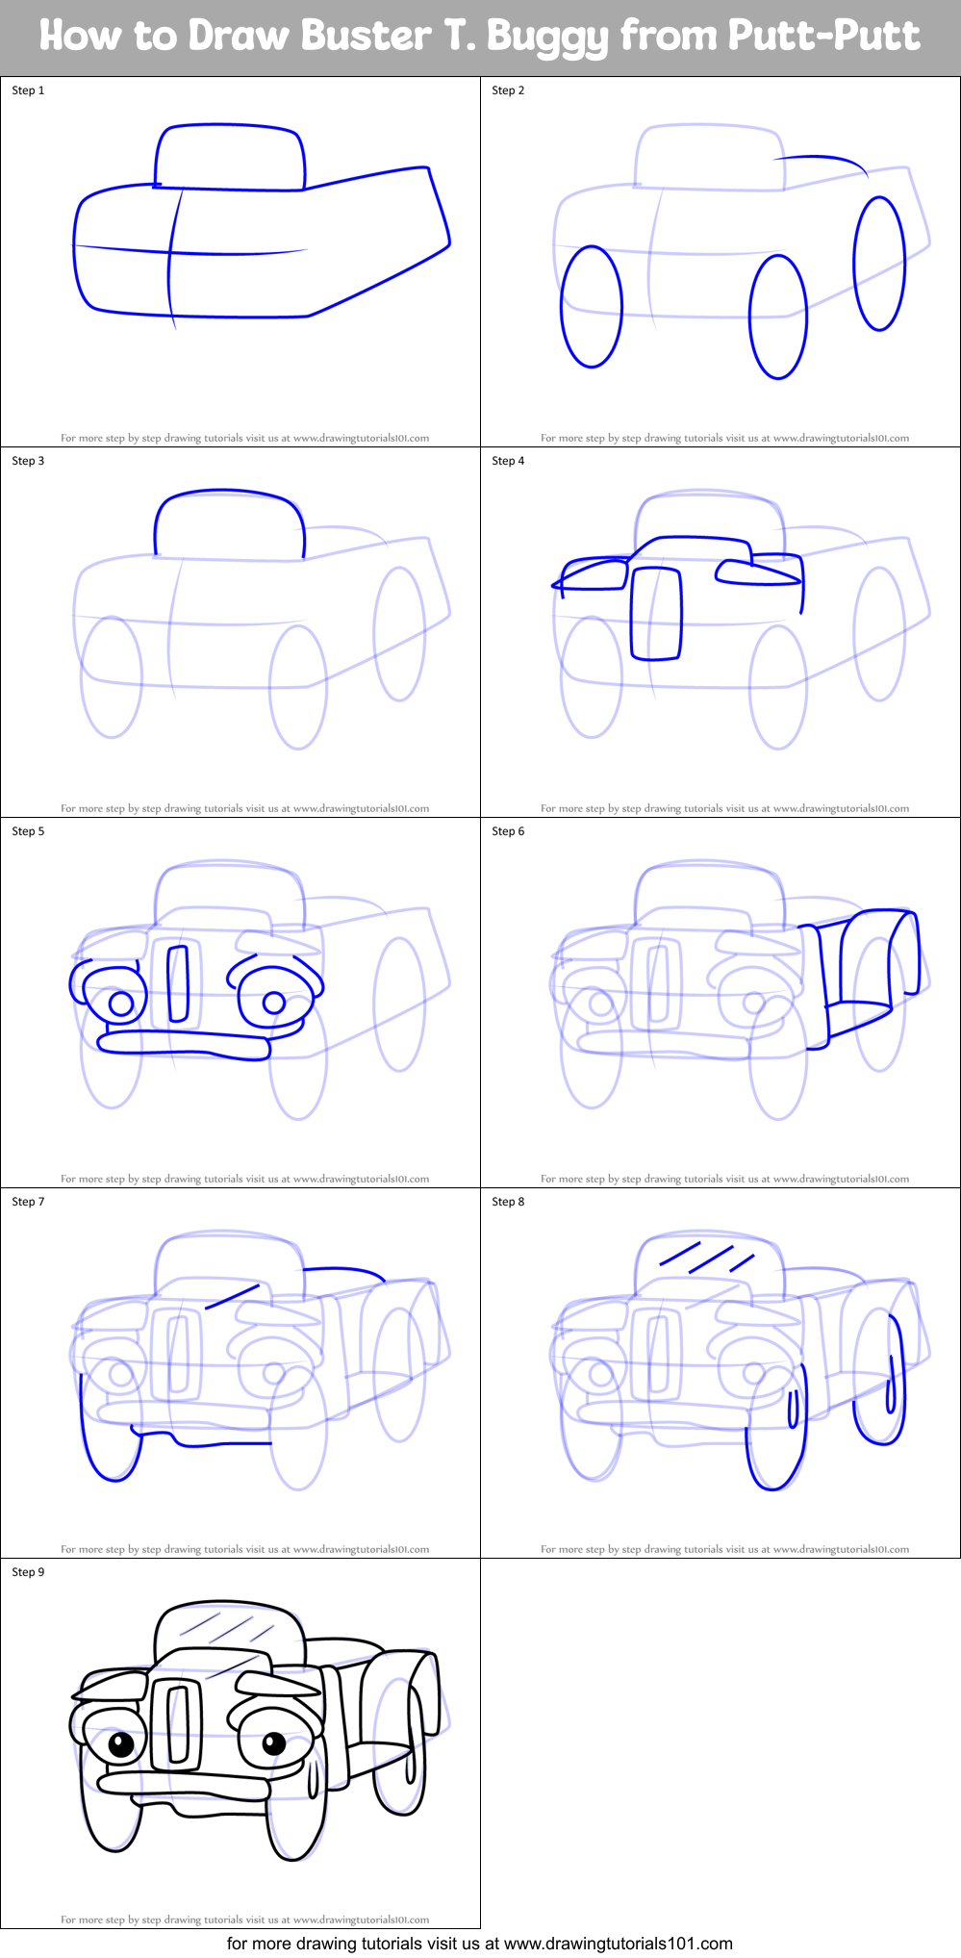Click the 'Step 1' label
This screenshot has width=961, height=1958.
coord(28,90)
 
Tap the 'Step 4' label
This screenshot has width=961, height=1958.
coord(508,461)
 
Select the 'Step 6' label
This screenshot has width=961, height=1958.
coord(508,831)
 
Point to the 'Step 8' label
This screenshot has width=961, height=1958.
coord(508,1202)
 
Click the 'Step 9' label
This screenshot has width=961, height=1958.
coord(28,1572)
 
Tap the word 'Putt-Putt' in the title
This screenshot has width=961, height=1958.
coord(823,36)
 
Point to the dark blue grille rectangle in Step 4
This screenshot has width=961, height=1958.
coord(656,614)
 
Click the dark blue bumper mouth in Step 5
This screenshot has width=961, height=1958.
coord(183,1043)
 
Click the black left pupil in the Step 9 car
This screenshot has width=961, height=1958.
coord(121,1744)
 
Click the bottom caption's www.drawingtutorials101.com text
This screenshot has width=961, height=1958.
coord(618,1944)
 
